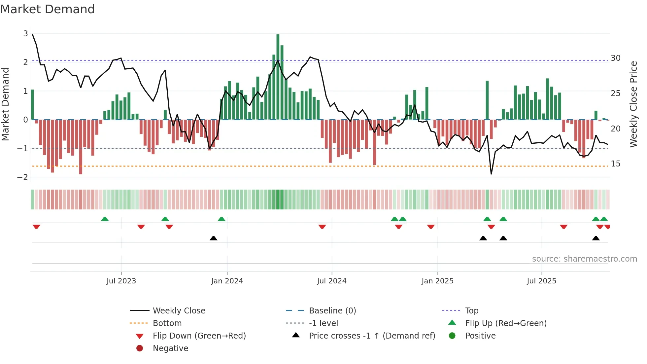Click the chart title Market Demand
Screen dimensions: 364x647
tap(48, 9)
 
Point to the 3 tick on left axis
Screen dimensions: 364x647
tap(25, 33)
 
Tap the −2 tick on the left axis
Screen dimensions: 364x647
tap(23, 177)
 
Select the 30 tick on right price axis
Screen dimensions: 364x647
tap(616, 58)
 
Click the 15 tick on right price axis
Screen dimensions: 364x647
tap(616, 164)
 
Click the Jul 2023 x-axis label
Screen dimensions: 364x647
tap(121, 281)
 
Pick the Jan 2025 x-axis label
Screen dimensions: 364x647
tap(437, 281)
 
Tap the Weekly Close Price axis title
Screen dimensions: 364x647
tap(633, 104)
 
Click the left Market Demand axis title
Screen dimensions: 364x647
tap(5, 104)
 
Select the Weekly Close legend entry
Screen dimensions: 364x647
tap(179, 311)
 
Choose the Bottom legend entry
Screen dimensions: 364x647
tap(167, 323)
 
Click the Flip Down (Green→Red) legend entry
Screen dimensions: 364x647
tap(199, 336)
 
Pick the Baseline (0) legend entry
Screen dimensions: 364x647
tap(332, 311)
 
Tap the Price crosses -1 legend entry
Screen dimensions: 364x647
tap(372, 336)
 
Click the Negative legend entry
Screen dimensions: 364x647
tap(170, 348)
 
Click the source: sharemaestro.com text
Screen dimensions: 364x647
tap(584, 259)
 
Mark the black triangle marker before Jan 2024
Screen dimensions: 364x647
tap(214, 238)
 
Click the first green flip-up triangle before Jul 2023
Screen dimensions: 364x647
tap(105, 219)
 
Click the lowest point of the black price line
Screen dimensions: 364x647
tap(491, 174)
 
